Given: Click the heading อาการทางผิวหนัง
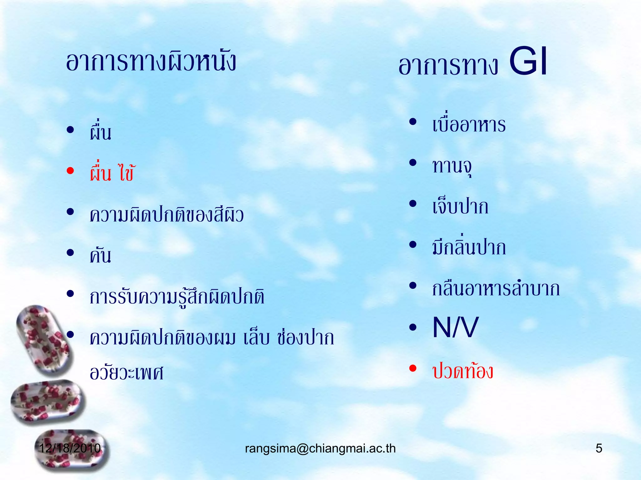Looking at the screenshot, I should (151, 62).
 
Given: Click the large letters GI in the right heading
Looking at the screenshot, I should (528, 62).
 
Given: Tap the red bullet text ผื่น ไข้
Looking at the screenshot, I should (112, 173).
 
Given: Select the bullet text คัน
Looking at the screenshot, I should (100, 256).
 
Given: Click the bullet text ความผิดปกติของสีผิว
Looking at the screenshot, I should (167, 215).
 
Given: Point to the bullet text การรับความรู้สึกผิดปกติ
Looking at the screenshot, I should (177, 297).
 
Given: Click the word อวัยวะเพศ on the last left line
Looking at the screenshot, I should (126, 372).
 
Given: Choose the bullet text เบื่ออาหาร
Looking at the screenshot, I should (469, 124).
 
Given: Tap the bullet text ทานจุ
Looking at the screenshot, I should (452, 166).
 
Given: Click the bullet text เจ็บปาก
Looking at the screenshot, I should (460, 207).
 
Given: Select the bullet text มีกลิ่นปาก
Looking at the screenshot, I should (469, 247).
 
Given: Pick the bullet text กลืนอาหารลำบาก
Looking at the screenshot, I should (496, 288).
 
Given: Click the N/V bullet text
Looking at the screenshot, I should (455, 327).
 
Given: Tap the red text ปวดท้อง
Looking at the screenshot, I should (463, 371).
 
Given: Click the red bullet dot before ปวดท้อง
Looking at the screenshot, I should (413, 368).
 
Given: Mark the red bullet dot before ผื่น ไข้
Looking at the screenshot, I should (70, 171).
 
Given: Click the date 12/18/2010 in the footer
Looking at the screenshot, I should (70, 448).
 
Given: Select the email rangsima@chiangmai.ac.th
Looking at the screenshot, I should (320, 448).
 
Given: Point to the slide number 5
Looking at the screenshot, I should (598, 448).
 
